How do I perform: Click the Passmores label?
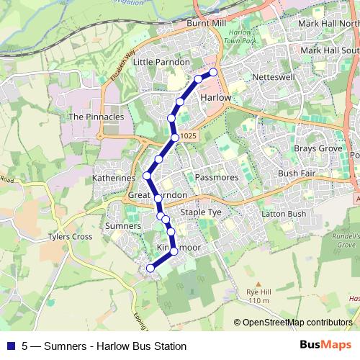click(216, 176)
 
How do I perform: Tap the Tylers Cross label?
click(70, 236)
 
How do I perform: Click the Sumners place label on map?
click(122, 226)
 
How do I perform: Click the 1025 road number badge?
click(188, 137)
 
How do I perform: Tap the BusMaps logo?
click(325, 346)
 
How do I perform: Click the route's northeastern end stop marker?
click(212, 73)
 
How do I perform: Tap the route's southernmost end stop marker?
click(150, 269)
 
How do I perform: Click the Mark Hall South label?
click(330, 50)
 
